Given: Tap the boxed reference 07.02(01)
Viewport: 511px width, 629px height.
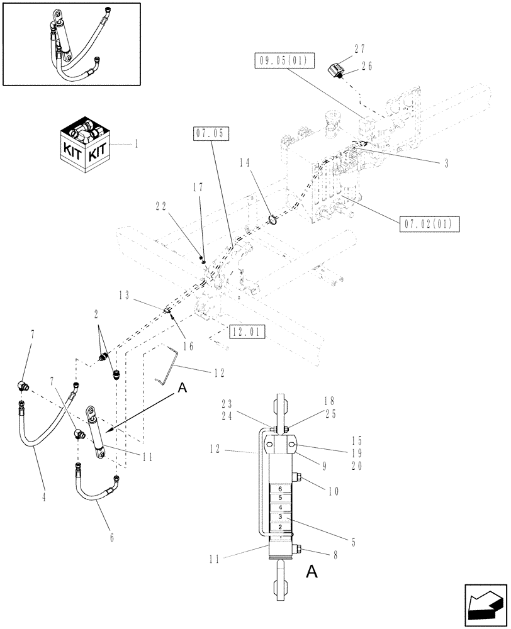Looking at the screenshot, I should (x=429, y=223).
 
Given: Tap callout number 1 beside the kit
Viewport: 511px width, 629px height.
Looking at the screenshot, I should (x=135, y=144).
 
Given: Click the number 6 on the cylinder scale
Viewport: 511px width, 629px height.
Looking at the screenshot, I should (x=281, y=488).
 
